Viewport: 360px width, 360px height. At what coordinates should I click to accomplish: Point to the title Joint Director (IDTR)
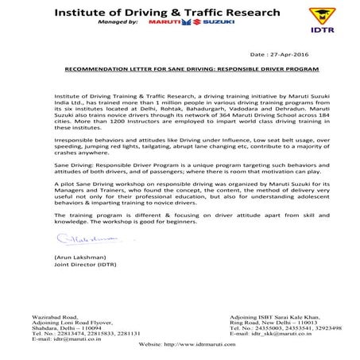click(x=83, y=267)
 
